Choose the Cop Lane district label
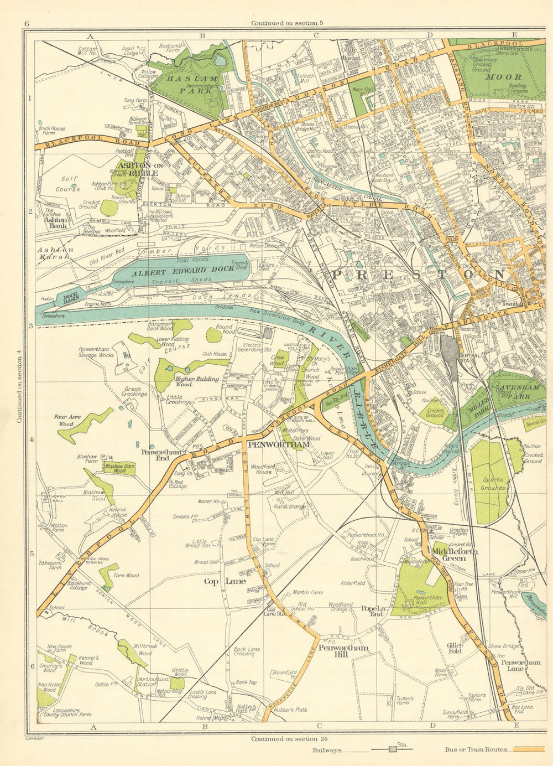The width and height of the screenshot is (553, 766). click(x=225, y=581)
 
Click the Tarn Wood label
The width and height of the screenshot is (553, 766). click(x=126, y=576)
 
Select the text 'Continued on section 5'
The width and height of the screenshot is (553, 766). click(x=286, y=23)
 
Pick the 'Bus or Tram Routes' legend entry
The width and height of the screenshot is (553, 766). click(x=475, y=750)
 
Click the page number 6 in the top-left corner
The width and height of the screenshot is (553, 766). click(x=26, y=23)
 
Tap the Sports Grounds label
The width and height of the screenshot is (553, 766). click(x=492, y=484)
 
